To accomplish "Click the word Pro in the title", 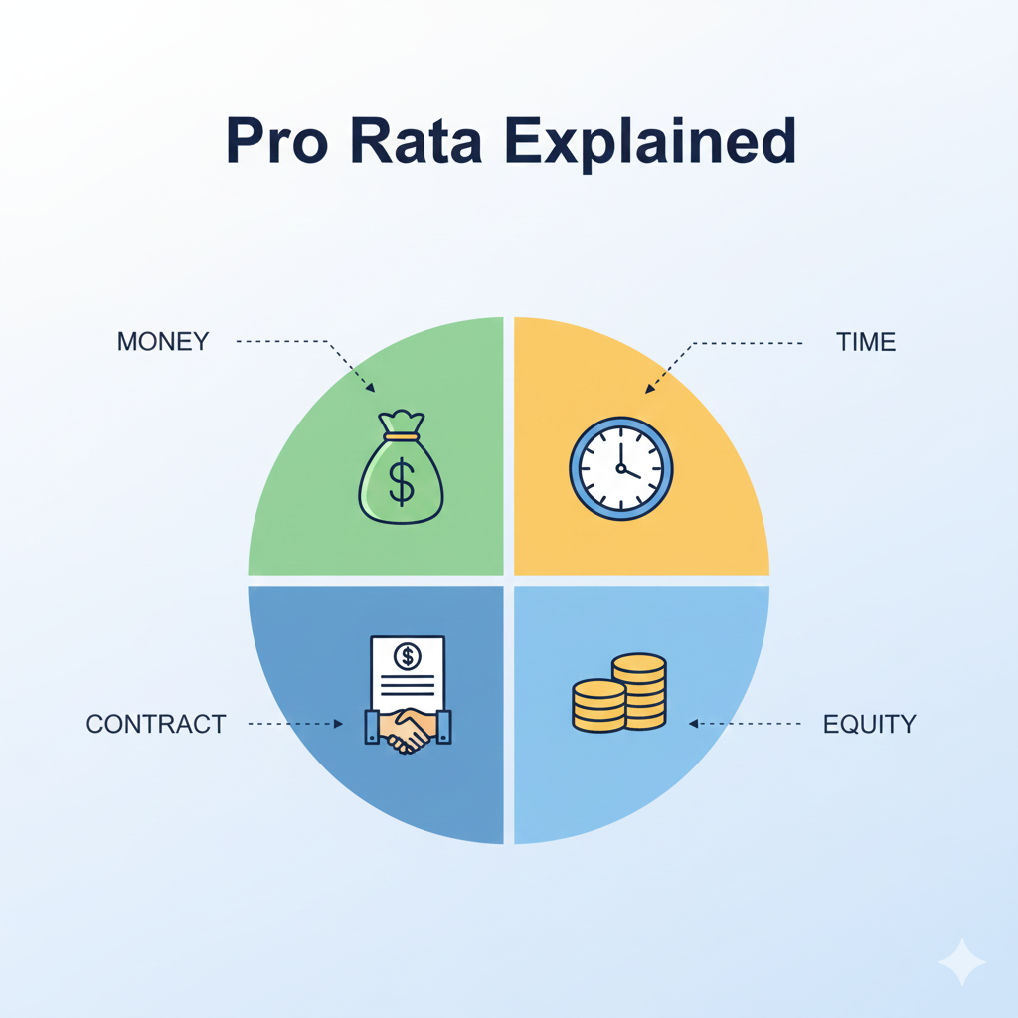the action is pos(276,140).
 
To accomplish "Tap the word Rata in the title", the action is pos(417,140).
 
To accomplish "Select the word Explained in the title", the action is pos(650,144).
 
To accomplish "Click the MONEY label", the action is pos(163,342).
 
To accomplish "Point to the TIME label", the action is pos(866,342).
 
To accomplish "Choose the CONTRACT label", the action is pos(156,724).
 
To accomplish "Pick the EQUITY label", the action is pos(870,724).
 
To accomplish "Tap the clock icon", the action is pos(621,468).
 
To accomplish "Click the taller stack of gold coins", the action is pos(639,691).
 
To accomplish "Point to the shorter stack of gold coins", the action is pos(598,706).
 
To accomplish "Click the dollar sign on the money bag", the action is pos(402,482).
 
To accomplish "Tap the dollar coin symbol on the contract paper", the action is pos(408,657).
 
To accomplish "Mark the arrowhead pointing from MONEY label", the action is pos(370,388).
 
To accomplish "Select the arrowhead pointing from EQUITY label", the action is pos(693,724).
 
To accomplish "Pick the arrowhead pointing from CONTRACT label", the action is pos(338,724).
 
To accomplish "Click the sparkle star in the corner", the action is pos(962,962).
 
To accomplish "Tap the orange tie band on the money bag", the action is pos(402,437).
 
